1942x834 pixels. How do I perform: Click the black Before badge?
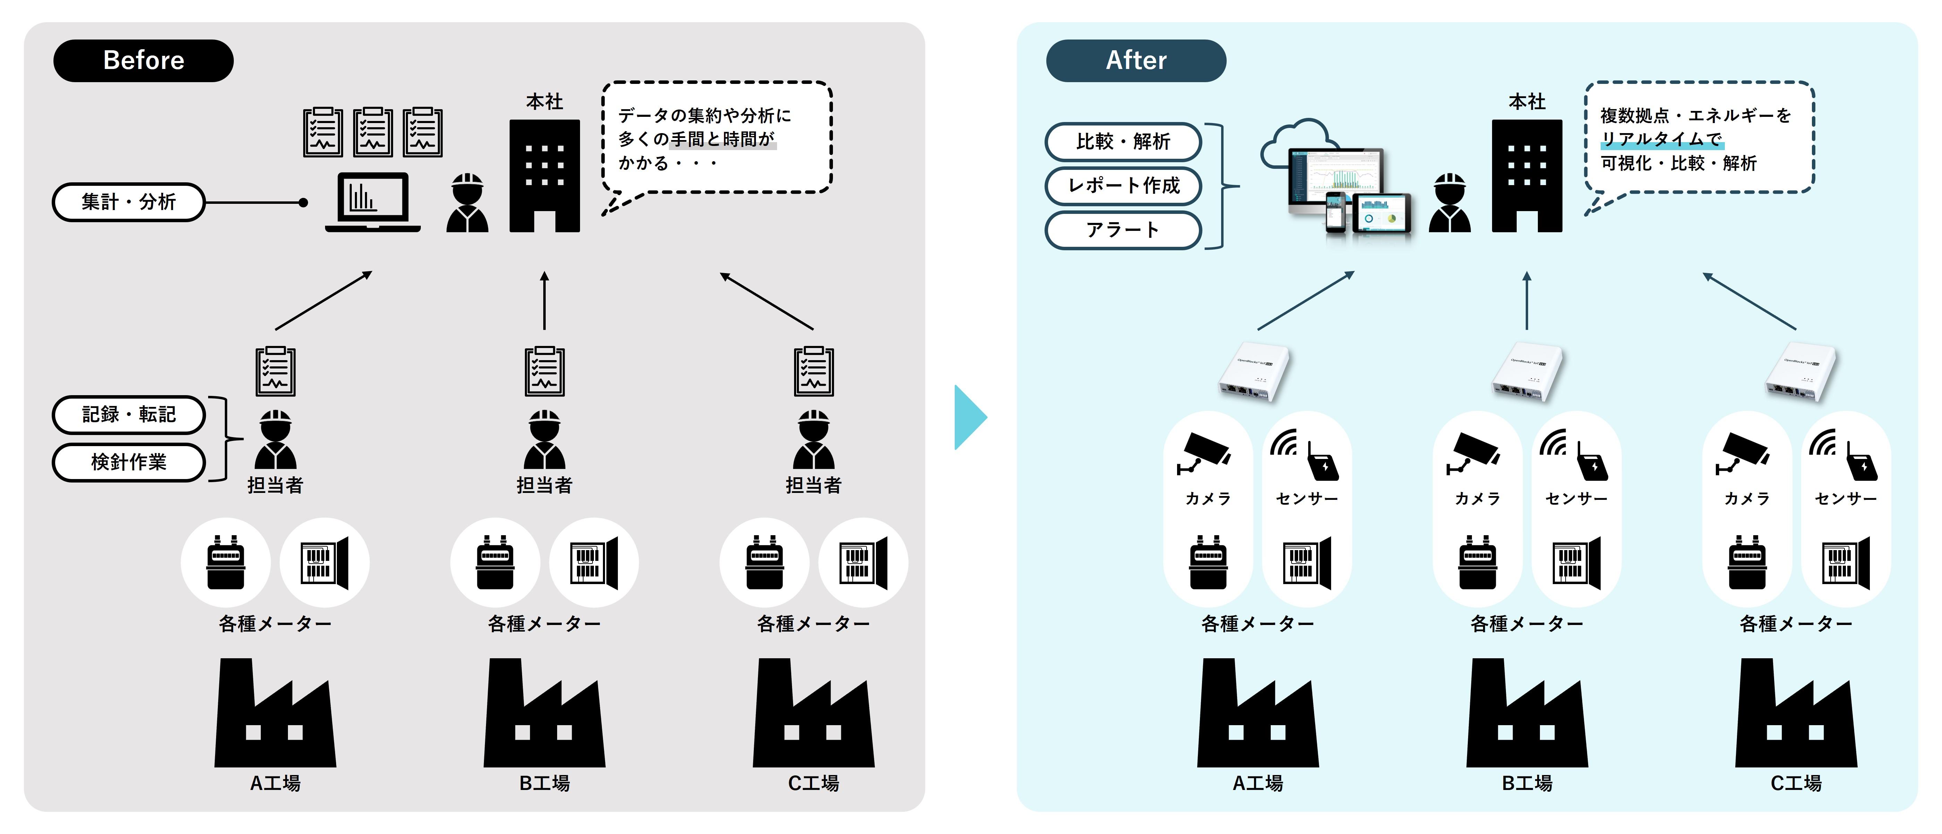(143, 60)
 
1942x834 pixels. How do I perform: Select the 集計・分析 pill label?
(128, 202)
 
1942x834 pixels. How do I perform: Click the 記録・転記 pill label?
(128, 414)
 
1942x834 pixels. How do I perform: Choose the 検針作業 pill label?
(128, 462)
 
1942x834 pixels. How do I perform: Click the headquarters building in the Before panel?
(544, 175)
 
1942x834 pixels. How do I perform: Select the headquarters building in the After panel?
(1527, 175)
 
